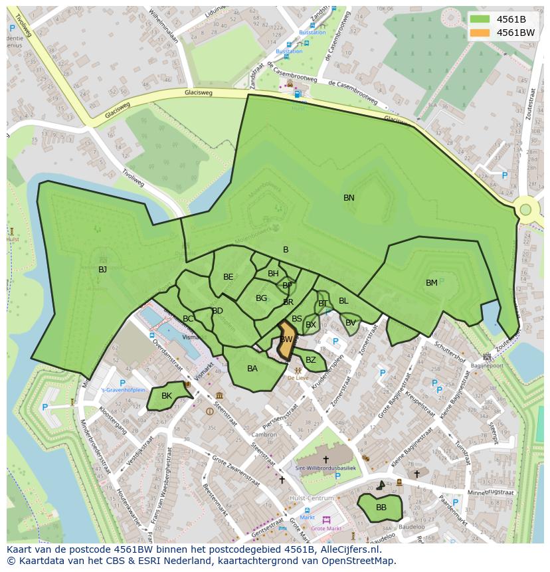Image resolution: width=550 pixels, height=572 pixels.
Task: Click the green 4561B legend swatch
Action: click(x=480, y=19)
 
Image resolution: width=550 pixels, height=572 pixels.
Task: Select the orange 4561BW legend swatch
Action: click(x=480, y=33)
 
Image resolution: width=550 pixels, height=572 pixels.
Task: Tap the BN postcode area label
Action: click(x=349, y=198)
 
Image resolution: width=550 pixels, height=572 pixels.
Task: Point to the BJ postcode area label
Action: click(x=102, y=270)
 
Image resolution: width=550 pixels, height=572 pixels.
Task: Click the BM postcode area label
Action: click(x=432, y=283)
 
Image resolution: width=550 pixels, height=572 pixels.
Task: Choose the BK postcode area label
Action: click(x=167, y=396)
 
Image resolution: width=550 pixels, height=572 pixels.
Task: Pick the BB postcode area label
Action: click(x=381, y=508)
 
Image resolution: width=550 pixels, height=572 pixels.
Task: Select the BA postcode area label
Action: click(x=252, y=369)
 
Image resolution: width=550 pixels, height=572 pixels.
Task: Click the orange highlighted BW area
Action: click(x=286, y=341)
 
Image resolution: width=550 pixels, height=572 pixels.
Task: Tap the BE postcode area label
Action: click(x=229, y=277)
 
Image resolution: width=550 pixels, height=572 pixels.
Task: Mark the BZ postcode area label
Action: click(x=311, y=360)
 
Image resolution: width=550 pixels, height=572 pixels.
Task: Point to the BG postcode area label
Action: click(x=261, y=298)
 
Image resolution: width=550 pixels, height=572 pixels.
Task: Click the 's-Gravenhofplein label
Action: click(x=122, y=391)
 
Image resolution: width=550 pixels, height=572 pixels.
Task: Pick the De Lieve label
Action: click(x=298, y=377)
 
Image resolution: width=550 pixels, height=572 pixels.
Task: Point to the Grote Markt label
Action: click(x=326, y=529)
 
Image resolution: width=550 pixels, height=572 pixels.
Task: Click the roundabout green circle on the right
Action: click(x=525, y=210)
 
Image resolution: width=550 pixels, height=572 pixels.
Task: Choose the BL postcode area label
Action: click(x=343, y=301)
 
